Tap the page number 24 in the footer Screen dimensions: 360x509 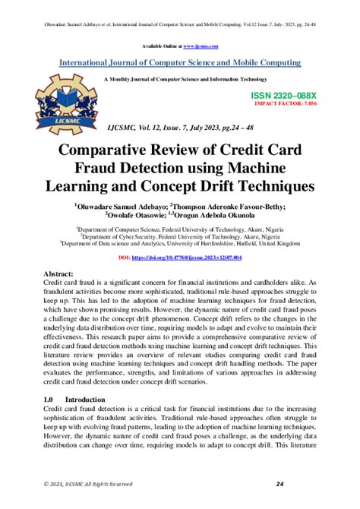point(279,485)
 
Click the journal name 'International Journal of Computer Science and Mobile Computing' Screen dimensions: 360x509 point(179,62)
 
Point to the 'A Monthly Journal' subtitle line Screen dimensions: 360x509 point(179,79)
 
